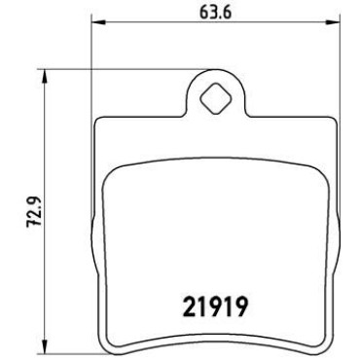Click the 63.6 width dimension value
coord(215,13)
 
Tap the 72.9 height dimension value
coord(33,211)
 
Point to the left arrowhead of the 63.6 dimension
coord(98,22)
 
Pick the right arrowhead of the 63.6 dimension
coord(333,22)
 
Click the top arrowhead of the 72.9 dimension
coord(45,76)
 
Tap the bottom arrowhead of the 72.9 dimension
coord(45,346)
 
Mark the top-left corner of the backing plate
coord(96,121)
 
